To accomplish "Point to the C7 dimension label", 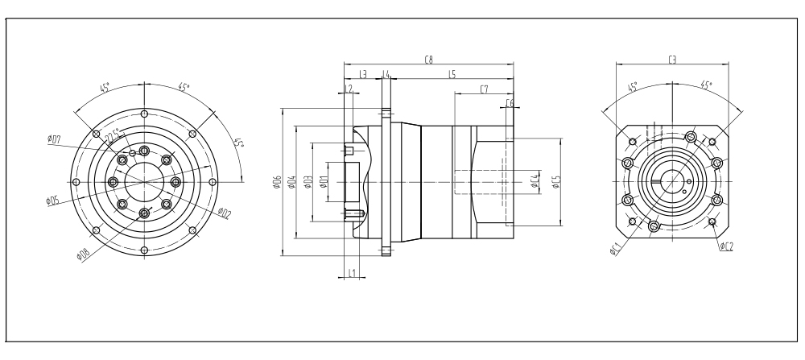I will (483, 89).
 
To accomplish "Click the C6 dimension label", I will (510, 103).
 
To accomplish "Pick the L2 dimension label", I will (349, 89).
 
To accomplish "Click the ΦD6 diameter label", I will (277, 184).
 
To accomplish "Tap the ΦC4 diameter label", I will (535, 182).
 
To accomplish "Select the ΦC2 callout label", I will (726, 246).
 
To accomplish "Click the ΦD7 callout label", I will (55, 140).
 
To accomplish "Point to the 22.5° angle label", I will (114, 134).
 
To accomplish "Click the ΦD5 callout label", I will (52, 200).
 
